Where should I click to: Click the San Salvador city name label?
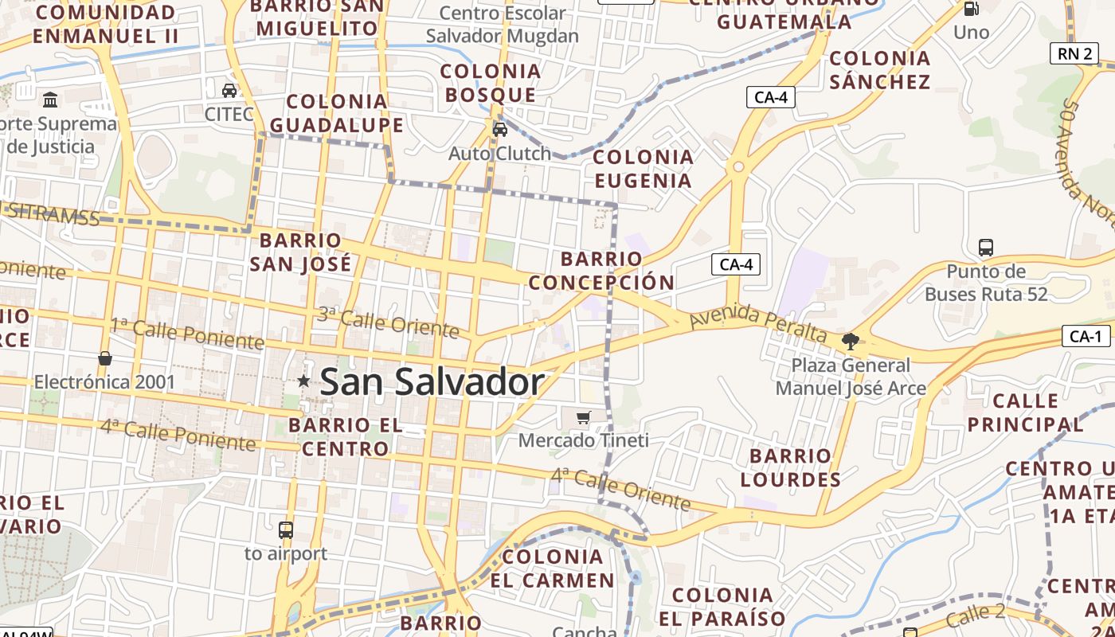[432, 382]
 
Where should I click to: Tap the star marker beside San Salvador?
[303, 381]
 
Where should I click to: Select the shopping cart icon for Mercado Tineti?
[584, 417]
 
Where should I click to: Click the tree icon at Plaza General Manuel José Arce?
[851, 342]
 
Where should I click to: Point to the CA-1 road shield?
[1086, 337]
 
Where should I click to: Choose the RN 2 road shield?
[1074, 53]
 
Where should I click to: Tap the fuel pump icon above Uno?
[971, 9]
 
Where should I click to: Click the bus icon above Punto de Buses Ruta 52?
[986, 248]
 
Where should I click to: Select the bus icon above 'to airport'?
[285, 530]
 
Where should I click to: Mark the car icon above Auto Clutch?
[500, 129]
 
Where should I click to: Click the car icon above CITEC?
[229, 90]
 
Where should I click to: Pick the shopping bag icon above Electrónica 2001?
[104, 358]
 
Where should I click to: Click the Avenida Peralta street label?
[757, 326]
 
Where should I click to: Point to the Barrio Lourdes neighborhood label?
[790, 467]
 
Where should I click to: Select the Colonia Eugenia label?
[643, 168]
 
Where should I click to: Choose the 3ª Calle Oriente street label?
[389, 322]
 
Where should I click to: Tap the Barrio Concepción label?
[601, 270]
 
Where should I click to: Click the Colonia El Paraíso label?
[722, 607]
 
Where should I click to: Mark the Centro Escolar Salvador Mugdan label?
[503, 25]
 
